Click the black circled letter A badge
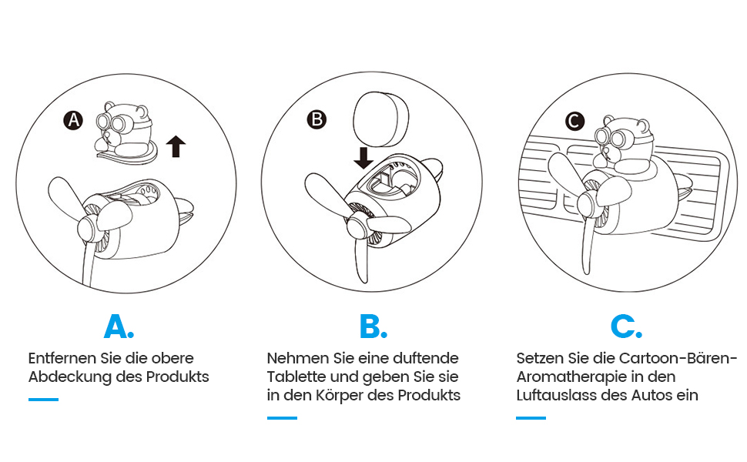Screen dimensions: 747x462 [x=73, y=120]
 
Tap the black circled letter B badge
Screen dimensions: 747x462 [x=317, y=119]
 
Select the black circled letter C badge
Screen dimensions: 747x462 [x=574, y=121]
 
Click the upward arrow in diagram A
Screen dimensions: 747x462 [x=176, y=146]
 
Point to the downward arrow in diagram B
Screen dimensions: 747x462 [x=363, y=158]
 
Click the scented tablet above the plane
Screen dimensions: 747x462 [x=380, y=118]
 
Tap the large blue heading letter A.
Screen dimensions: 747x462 [x=119, y=326]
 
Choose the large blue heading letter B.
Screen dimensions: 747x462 [x=373, y=326]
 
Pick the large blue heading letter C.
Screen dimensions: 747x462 [x=626, y=326]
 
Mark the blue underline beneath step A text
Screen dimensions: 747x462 [x=43, y=400]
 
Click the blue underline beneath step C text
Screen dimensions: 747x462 [x=531, y=418]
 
